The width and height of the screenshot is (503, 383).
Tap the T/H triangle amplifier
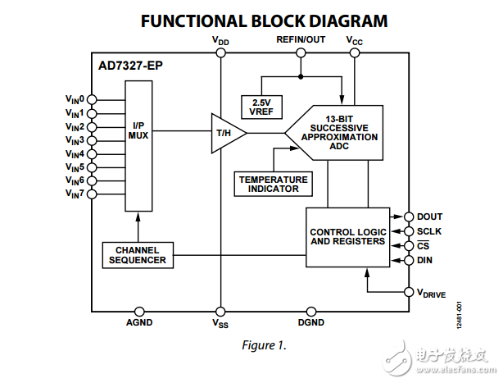coord(222,132)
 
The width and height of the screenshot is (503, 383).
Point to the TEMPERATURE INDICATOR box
coord(274,184)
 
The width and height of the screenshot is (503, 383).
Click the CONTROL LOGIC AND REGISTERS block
coord(347,237)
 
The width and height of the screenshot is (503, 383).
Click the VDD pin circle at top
coord(220,52)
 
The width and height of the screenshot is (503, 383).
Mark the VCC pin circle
coord(354,52)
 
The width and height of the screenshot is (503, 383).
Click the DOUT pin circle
coord(409,217)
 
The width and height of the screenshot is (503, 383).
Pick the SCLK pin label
coord(429,231)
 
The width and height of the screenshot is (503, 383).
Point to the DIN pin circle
coord(409,260)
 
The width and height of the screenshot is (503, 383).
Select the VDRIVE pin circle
coord(409,291)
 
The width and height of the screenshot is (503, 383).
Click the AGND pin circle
coord(138,311)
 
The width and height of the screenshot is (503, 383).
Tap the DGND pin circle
coord(311,311)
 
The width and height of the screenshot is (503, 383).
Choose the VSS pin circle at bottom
coord(220,311)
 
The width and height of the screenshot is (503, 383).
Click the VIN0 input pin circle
coord(90,98)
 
